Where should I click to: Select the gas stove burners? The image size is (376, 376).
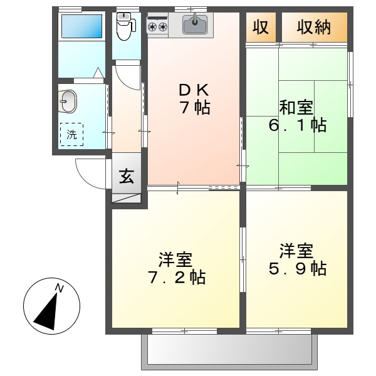click(157, 26)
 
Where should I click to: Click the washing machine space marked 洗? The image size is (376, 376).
click(71, 133)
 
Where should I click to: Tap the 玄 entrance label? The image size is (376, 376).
click(127, 176)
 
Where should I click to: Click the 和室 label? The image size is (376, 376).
click(296, 107)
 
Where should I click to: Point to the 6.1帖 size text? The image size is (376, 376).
click(296, 125)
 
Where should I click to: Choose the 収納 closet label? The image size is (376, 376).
click(313, 28)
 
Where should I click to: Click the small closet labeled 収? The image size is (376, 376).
click(261, 28)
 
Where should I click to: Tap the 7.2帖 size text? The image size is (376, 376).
click(175, 276)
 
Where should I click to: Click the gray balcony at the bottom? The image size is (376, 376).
click(229, 351)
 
